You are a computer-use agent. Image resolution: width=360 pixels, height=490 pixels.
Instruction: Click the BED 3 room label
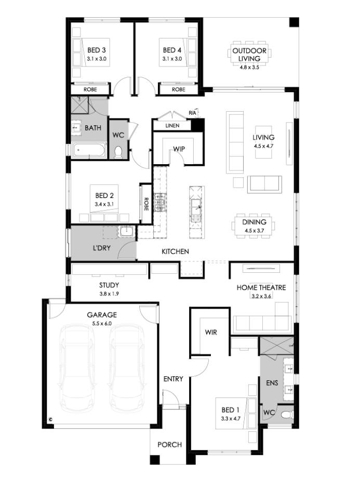point(96,50)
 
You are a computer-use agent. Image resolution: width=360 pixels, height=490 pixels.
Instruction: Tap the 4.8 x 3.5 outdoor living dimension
point(249,67)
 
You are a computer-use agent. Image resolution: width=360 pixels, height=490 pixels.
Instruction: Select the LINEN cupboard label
point(172,126)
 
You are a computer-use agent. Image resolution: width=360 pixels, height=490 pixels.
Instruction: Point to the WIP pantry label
point(179,149)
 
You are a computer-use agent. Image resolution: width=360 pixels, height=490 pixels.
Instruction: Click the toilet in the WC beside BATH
point(118,152)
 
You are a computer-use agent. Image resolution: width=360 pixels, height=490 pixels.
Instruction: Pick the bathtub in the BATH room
point(89,150)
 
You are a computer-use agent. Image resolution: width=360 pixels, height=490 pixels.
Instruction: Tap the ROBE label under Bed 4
point(178,89)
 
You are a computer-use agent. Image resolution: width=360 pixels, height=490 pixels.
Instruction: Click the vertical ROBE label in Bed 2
point(146,204)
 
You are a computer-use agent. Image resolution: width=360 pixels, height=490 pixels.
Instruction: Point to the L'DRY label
point(102,248)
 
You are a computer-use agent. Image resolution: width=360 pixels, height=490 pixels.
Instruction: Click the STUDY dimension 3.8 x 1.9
point(109,294)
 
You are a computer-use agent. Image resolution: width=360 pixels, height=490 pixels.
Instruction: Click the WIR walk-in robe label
point(211,333)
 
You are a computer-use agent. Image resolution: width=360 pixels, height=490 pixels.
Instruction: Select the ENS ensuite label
point(272,383)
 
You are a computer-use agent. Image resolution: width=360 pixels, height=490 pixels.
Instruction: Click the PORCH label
point(170,444)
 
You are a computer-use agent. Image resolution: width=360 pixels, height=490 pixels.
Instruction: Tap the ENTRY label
point(173,379)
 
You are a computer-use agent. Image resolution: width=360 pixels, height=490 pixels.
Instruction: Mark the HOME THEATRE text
point(261,287)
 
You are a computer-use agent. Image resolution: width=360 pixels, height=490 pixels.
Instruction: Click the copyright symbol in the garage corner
point(50,419)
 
